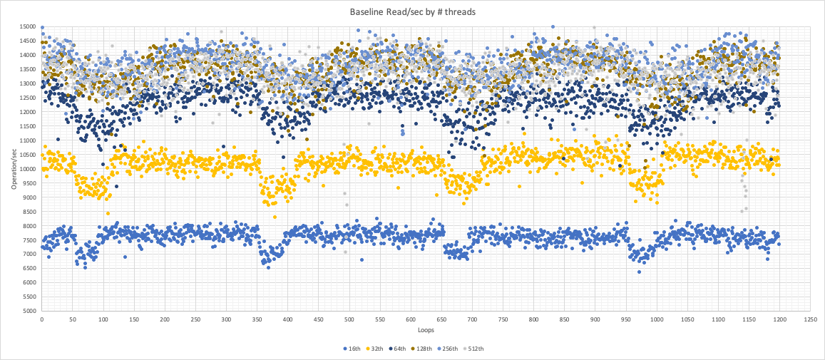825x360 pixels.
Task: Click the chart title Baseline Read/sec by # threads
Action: click(412, 12)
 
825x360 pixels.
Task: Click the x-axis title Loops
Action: click(424, 330)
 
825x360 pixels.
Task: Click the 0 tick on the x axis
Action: click(42, 319)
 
